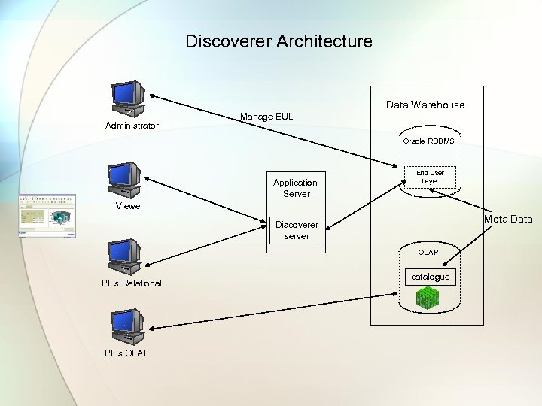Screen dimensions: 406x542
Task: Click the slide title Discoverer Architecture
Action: (279, 41)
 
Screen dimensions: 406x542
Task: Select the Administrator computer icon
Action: (127, 98)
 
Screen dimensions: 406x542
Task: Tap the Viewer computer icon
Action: (124, 180)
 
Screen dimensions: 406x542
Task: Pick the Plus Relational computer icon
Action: (124, 256)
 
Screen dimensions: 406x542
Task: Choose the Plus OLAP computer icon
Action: (127, 326)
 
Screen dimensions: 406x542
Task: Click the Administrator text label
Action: (131, 126)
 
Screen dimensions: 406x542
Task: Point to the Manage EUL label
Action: (266, 117)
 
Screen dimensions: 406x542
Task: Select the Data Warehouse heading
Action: (425, 105)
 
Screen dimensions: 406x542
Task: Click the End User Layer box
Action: (430, 177)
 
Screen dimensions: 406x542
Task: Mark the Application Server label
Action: (295, 188)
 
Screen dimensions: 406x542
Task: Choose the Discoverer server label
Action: (297, 230)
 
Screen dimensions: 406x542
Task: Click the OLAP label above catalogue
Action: (428, 252)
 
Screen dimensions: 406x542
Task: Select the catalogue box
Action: (430, 277)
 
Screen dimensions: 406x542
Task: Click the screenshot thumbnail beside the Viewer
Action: (47, 216)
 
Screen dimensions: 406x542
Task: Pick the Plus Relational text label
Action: (132, 283)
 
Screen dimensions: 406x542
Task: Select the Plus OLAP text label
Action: (126, 353)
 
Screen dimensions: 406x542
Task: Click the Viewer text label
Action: (129, 206)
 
